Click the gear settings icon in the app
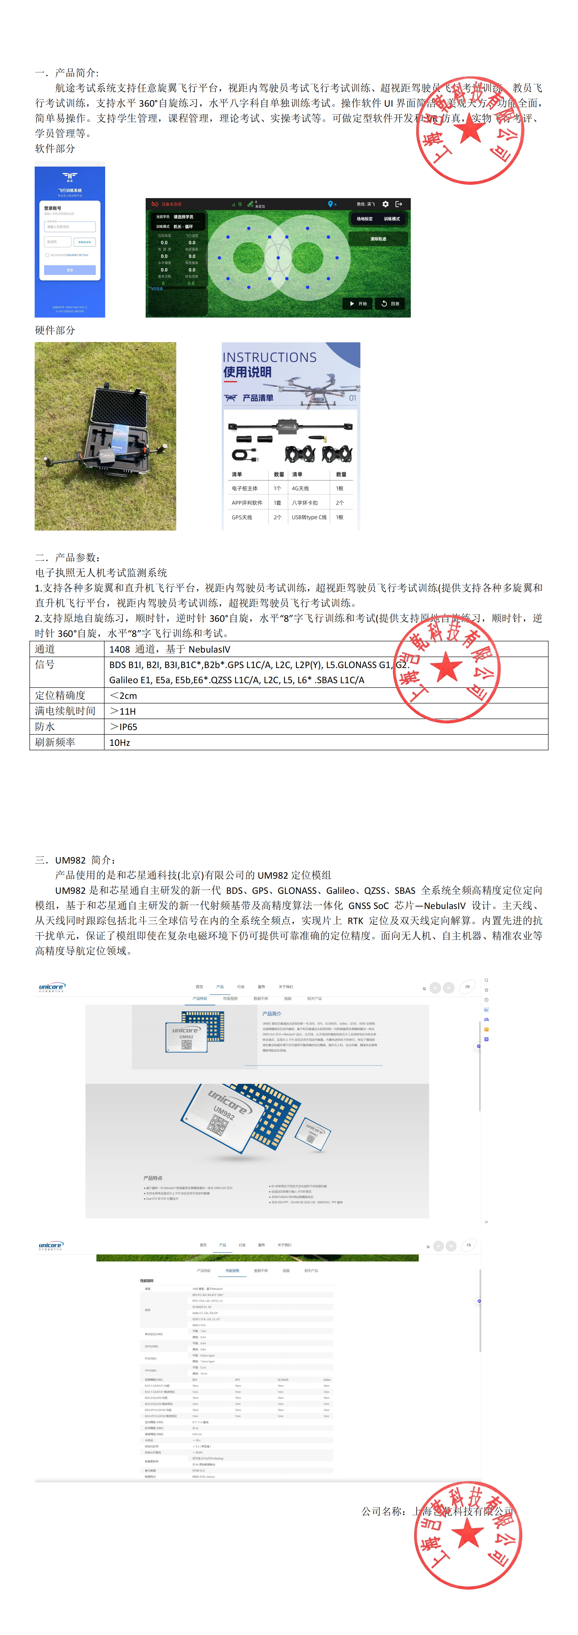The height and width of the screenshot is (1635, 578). [385, 205]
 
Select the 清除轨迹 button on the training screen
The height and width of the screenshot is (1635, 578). [378, 239]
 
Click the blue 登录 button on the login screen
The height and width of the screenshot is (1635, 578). [70, 270]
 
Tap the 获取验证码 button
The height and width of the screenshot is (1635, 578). [84, 242]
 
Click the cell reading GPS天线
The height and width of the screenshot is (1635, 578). [242, 517]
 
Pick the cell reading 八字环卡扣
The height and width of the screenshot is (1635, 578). [304, 503]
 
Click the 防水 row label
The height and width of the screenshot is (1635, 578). [45, 727]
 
